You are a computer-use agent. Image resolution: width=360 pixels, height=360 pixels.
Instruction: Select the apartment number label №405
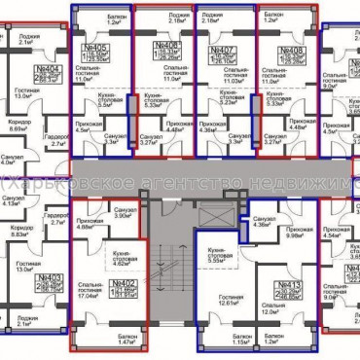(x=96, y=47)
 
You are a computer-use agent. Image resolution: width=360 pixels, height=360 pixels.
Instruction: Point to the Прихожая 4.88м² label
(x=90, y=227)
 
